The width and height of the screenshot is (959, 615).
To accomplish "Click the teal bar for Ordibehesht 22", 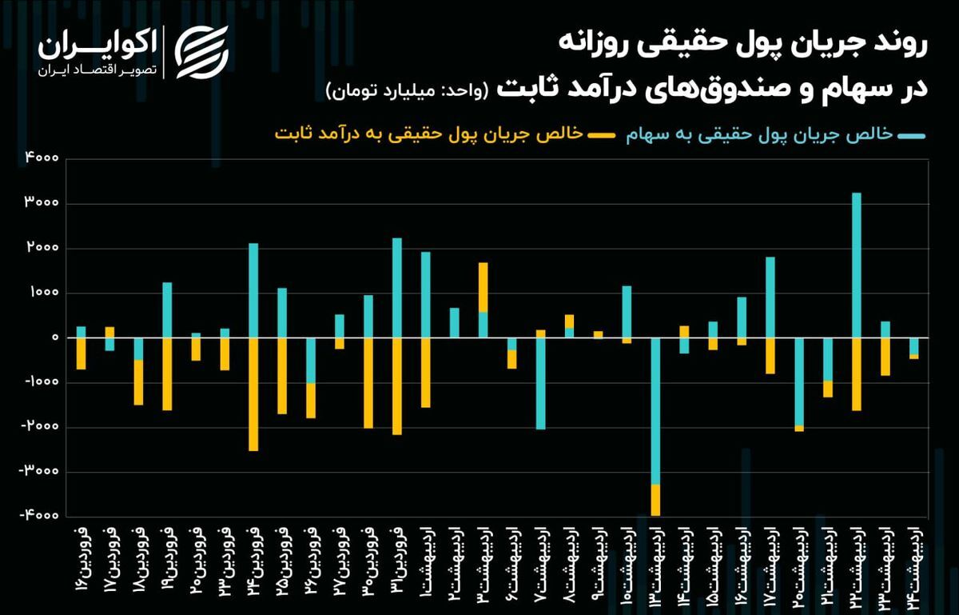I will click(x=857, y=265).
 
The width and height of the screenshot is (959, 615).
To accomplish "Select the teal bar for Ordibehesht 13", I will click(x=655, y=410).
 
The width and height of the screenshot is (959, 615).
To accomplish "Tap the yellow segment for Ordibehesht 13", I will click(x=655, y=500).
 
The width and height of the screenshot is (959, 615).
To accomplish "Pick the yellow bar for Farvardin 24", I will click(x=253, y=394).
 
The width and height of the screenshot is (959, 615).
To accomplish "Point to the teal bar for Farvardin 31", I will click(x=396, y=288).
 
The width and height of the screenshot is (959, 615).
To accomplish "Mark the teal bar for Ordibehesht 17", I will click(x=770, y=298).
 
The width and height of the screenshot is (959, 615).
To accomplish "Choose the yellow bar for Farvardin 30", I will click(x=368, y=382).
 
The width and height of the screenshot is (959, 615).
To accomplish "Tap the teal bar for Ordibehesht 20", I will click(x=799, y=381).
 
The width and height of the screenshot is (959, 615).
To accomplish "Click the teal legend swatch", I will click(x=911, y=137).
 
